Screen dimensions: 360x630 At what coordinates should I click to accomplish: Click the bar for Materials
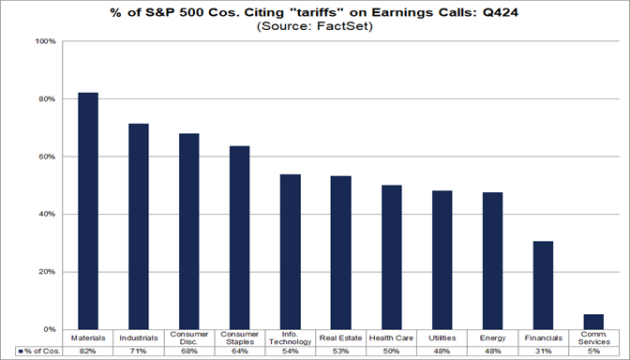click(x=88, y=211)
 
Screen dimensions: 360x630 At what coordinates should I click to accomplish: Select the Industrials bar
click(x=139, y=226)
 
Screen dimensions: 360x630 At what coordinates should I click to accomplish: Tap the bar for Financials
click(x=543, y=285)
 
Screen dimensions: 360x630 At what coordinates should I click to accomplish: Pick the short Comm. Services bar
click(x=593, y=322)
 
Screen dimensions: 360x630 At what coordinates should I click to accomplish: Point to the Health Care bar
click(x=391, y=257)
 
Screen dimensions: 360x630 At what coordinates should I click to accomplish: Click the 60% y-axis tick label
click(x=47, y=157)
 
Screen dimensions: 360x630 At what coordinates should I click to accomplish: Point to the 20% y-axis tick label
click(x=47, y=272)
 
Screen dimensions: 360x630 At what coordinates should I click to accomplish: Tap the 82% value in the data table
click(x=88, y=351)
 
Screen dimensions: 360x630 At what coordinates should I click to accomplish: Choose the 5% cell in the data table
click(x=593, y=351)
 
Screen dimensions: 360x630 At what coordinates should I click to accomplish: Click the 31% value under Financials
click(x=543, y=351)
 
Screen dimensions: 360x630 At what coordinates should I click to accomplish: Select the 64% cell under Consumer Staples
click(x=240, y=351)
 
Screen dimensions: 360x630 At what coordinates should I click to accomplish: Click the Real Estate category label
click(x=341, y=336)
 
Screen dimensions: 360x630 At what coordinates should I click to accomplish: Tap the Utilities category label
click(x=442, y=336)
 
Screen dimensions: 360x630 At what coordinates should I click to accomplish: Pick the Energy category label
click(x=492, y=336)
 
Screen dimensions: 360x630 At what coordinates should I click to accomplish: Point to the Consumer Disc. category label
click(x=189, y=337)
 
